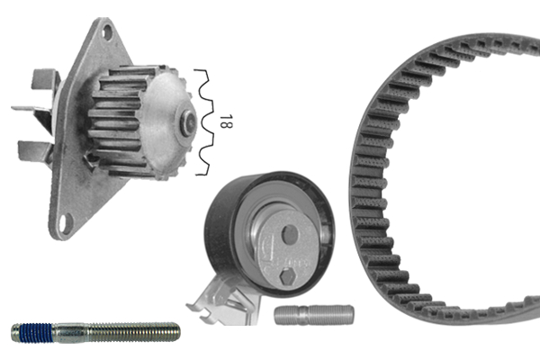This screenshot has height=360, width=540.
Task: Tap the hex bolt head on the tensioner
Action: (287, 278)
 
